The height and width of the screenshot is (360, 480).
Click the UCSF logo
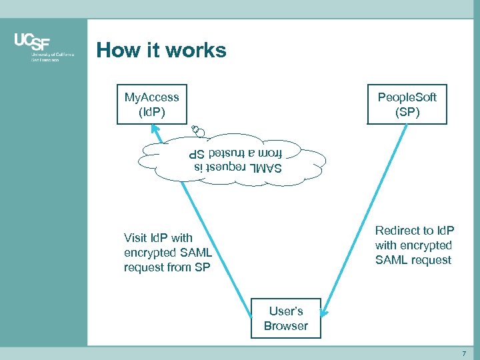(43, 47)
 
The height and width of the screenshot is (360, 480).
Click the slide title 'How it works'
(161, 50)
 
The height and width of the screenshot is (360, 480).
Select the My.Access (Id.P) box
(151, 105)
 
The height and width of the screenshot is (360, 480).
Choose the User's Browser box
(285, 318)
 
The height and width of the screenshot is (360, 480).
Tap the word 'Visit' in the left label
(135, 238)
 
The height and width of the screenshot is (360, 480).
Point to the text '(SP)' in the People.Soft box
(407, 112)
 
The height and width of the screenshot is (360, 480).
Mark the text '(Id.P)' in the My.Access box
(151, 112)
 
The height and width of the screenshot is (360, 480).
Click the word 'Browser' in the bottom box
(285, 326)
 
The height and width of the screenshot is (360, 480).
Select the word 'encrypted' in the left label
(151, 253)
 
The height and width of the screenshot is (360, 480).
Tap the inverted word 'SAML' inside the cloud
(265, 167)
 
